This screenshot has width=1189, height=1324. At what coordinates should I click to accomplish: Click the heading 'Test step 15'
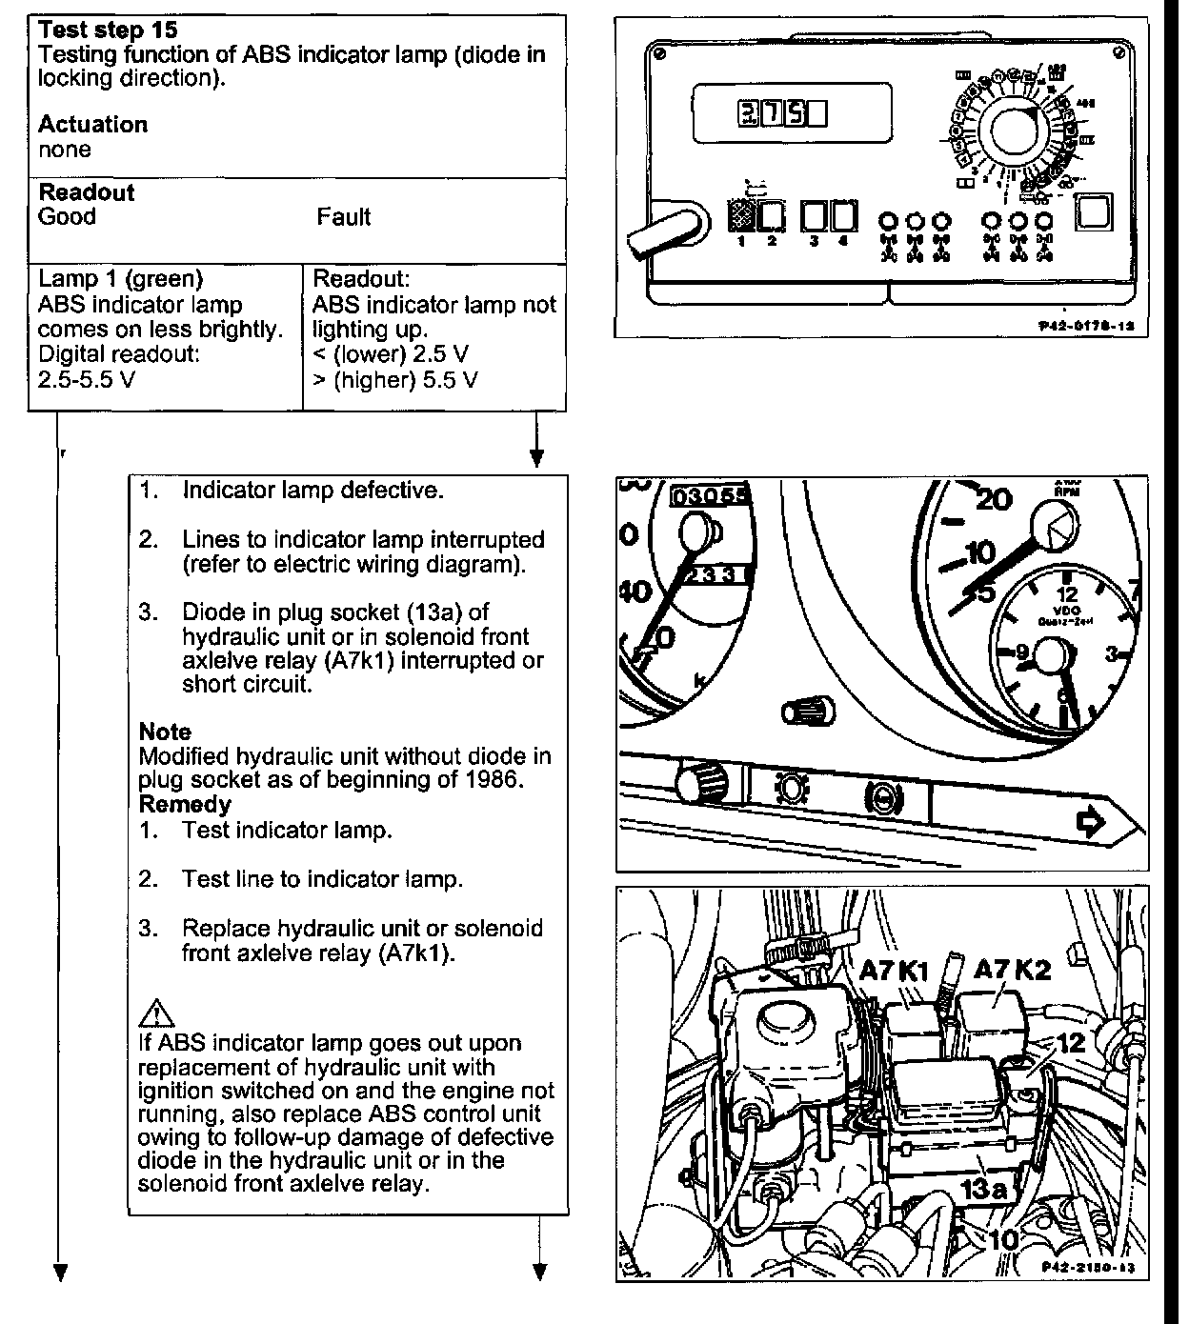108,30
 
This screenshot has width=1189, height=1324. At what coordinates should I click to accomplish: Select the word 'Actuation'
92,125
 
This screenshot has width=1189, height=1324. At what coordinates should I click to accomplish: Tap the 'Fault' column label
344,217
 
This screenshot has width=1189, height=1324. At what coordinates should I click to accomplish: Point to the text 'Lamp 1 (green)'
120,279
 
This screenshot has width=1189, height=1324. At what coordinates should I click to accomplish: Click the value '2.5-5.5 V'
87,379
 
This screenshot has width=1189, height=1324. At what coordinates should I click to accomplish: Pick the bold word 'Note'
165,732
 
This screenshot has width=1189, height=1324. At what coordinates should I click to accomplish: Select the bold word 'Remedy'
185,805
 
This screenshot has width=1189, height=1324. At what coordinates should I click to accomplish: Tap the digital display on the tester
782,115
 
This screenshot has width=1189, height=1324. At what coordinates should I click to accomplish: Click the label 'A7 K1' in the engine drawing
893,970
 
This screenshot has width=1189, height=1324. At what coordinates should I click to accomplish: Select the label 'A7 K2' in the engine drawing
1012,970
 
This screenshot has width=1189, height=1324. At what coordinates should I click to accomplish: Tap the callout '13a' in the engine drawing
985,1189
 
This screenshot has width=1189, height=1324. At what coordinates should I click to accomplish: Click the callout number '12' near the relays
1072,1041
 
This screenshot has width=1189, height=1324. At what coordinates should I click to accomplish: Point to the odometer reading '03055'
711,495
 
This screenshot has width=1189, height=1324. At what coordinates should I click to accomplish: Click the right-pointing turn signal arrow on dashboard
1089,821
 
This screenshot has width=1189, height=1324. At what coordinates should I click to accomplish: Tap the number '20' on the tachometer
994,499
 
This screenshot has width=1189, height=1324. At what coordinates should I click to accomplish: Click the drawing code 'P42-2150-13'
1088,1268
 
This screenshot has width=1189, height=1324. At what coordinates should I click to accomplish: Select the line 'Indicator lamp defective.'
312,491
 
